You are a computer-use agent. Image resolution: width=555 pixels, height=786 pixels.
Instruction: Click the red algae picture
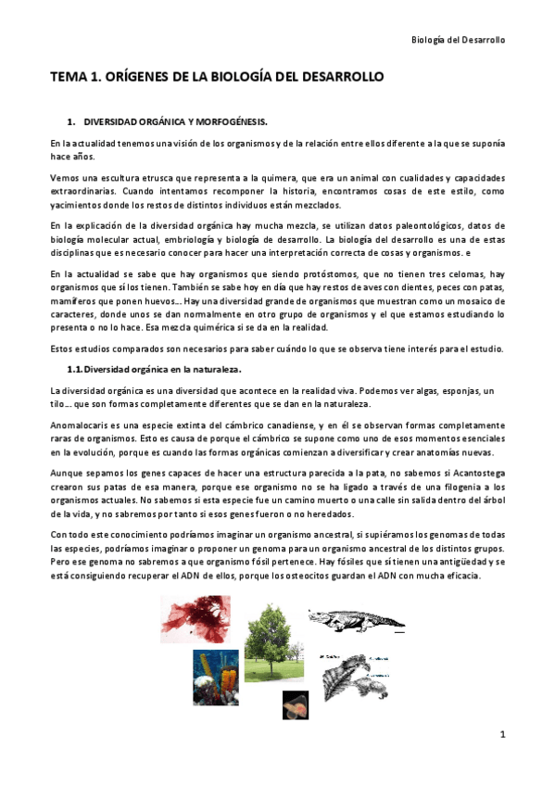click(196, 619)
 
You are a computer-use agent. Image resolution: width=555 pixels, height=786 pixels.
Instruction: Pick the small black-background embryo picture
click(296, 704)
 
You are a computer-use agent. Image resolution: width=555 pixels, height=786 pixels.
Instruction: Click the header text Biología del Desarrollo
click(458, 40)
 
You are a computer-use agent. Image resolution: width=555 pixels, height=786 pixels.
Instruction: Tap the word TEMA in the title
click(69, 78)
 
